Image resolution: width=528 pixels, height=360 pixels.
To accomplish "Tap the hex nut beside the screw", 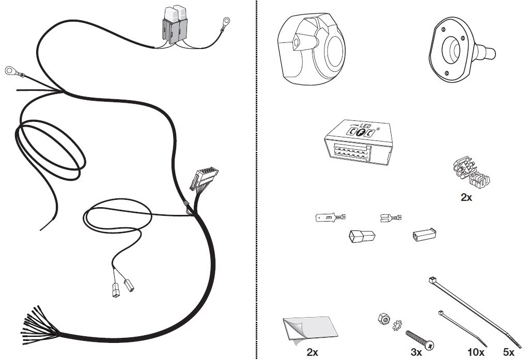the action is (x=383, y=318).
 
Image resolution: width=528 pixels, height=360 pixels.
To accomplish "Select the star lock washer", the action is (x=397, y=325).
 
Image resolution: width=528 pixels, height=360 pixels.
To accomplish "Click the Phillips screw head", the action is (x=429, y=345).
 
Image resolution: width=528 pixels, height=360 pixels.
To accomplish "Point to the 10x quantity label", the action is (x=476, y=352).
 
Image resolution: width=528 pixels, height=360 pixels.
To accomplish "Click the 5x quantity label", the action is (x=508, y=352).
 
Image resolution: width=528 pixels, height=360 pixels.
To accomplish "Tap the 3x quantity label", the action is (x=416, y=352).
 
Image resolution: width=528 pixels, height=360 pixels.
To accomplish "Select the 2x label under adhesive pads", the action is (x=312, y=352).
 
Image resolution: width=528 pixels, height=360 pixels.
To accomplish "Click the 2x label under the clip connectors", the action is (x=467, y=197).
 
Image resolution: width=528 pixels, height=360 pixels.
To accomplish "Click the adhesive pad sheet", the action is (x=310, y=330).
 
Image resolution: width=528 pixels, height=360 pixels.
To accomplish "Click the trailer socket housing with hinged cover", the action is (x=311, y=49).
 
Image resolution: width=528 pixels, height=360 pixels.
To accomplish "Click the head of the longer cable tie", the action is (x=432, y=279).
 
